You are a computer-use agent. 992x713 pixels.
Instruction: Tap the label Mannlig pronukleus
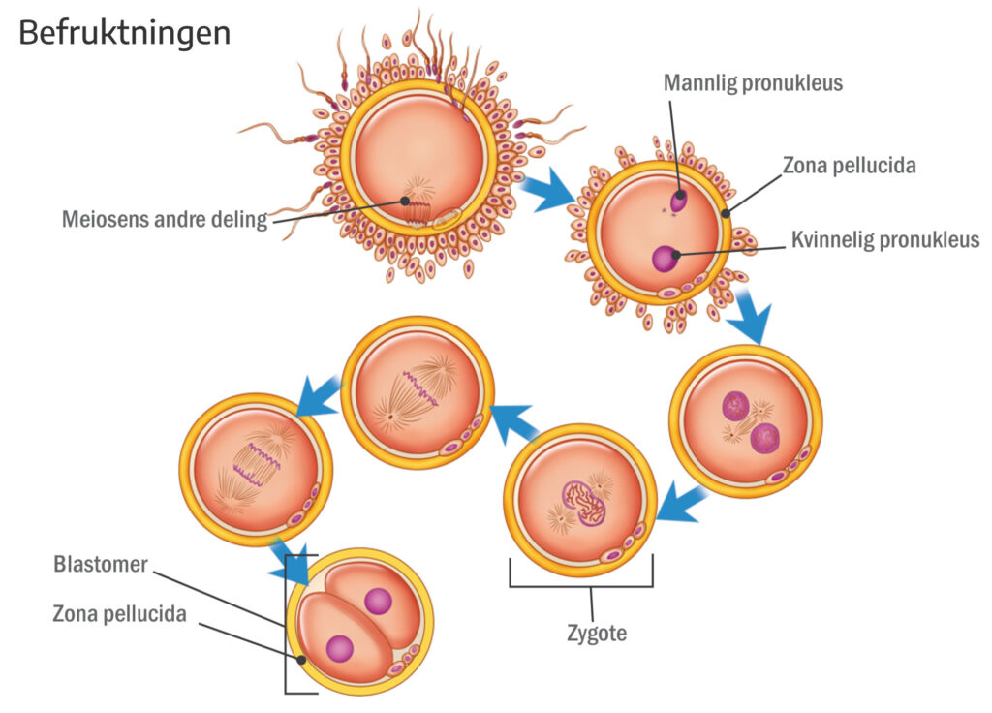753,83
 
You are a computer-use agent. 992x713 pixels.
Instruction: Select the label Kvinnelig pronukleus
885,240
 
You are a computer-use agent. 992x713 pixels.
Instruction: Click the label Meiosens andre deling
165,219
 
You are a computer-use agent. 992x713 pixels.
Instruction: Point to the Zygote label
597,633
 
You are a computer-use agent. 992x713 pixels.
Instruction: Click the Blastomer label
101,564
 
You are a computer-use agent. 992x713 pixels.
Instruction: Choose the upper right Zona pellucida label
849,165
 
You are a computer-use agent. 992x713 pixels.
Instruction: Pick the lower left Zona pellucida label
119,613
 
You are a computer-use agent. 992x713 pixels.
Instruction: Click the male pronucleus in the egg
678,201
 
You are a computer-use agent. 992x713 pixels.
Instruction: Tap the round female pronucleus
665,258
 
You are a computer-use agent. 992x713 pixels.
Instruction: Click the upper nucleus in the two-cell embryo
379,602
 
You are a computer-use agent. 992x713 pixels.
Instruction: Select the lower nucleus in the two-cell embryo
340,649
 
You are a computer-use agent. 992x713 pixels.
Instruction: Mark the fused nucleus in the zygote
584,504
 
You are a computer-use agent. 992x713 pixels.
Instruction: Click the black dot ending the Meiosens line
404,201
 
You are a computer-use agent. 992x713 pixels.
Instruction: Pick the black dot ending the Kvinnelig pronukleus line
676,255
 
